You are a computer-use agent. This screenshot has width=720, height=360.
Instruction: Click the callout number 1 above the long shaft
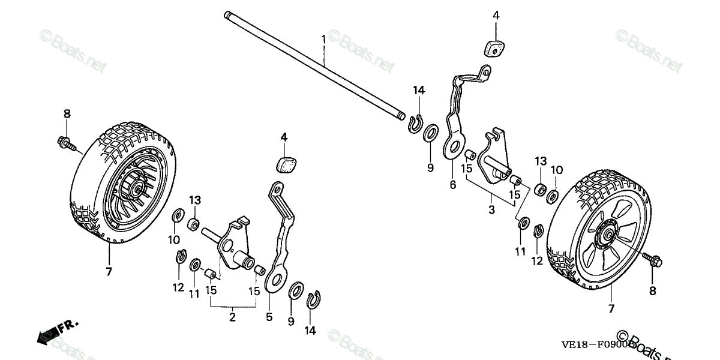coord(323,39)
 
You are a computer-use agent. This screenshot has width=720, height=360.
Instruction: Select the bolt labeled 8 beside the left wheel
coord(67,142)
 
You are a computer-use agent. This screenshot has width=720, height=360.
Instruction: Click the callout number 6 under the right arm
coord(452,185)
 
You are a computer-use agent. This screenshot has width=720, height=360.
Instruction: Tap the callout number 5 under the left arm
coord(269,316)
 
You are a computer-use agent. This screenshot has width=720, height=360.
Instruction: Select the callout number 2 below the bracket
coord(232,317)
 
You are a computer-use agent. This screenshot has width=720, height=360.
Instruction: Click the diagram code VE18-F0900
coord(591,345)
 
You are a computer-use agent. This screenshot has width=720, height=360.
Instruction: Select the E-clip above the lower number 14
coord(311,300)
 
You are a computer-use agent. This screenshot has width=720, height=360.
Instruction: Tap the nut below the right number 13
coord(539,190)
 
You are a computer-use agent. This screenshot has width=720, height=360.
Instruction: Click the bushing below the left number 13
coord(194,225)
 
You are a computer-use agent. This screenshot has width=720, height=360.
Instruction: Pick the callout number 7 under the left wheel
coord(109,272)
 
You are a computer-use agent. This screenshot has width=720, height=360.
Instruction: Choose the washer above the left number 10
coord(177,215)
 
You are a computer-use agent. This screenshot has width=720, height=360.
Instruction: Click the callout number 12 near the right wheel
coord(536,261)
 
